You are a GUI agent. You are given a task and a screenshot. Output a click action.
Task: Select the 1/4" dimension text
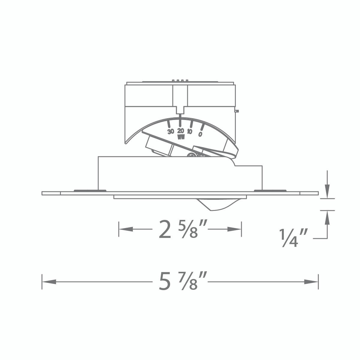tap(293, 238)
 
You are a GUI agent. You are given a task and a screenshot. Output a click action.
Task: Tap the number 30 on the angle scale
tap(171, 131)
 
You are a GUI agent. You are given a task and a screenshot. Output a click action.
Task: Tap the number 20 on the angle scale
tap(181, 130)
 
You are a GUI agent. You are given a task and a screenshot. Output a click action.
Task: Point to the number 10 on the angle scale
tap(190, 131)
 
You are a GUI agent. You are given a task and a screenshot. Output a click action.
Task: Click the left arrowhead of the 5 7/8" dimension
tap(49, 282)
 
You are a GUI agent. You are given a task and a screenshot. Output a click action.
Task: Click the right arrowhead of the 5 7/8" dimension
tap(311, 282)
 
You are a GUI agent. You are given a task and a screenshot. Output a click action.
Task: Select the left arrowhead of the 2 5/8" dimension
tap(126, 229)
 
